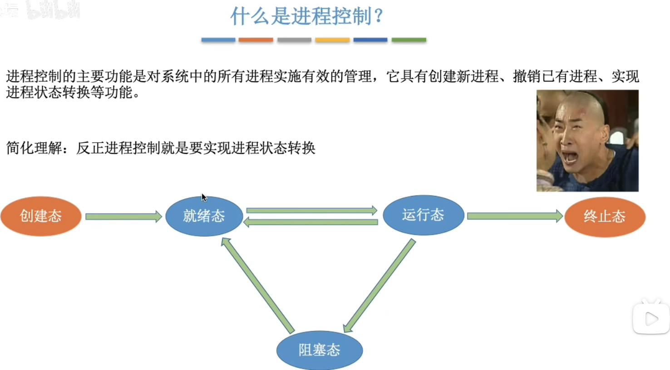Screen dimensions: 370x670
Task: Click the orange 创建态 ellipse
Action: tap(41, 216)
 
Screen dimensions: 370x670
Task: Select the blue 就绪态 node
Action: tap(204, 216)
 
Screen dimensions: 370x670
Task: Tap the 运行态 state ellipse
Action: tap(423, 215)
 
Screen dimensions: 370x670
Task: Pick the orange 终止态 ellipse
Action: tap(605, 217)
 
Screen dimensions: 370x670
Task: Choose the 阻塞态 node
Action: tap(319, 350)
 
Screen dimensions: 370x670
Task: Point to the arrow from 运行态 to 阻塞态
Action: tap(379, 286)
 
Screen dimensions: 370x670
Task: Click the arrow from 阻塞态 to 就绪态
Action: tap(257, 286)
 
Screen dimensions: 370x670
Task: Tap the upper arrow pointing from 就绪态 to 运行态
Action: tap(311, 210)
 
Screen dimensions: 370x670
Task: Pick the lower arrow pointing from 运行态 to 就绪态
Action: tap(311, 222)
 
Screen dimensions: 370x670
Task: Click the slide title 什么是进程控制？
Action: tap(307, 16)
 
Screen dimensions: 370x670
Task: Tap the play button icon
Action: tap(651, 319)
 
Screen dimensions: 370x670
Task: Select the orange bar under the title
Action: tap(256, 40)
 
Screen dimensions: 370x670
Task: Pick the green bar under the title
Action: tap(409, 40)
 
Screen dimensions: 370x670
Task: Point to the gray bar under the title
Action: tap(294, 40)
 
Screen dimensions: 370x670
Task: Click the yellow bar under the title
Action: tap(332, 40)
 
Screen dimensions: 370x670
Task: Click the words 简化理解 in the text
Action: tap(34, 148)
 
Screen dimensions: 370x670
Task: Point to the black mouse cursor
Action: tap(204, 197)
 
